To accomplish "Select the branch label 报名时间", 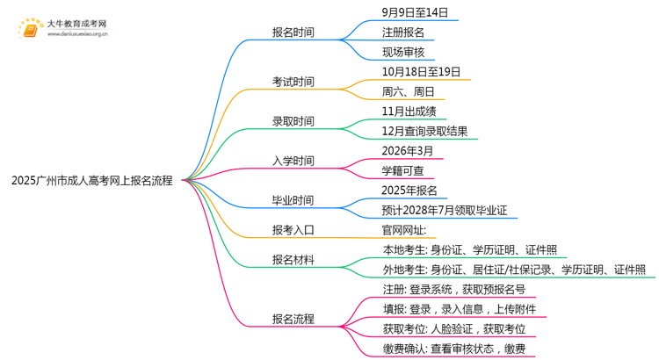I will (x=293, y=33).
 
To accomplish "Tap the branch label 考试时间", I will (x=293, y=83).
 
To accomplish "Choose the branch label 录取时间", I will (x=293, y=122).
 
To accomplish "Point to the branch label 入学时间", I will (x=293, y=162).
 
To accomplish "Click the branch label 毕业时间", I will (x=293, y=201).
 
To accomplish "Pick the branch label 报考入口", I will (x=293, y=231).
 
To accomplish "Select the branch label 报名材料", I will (x=293, y=261).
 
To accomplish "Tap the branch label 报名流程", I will (x=293, y=320).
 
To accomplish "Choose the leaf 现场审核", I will (x=405, y=53).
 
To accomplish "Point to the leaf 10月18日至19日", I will (x=421, y=72).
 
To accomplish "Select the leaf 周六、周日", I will (x=408, y=92).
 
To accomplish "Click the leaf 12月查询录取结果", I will (x=424, y=132).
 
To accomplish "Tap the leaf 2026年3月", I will (x=409, y=151).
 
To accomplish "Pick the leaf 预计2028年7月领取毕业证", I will (x=444, y=211).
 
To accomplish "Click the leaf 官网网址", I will (x=403, y=231).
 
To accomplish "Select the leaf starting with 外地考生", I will (x=513, y=270).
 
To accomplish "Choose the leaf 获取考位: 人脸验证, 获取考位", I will (x=453, y=329).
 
